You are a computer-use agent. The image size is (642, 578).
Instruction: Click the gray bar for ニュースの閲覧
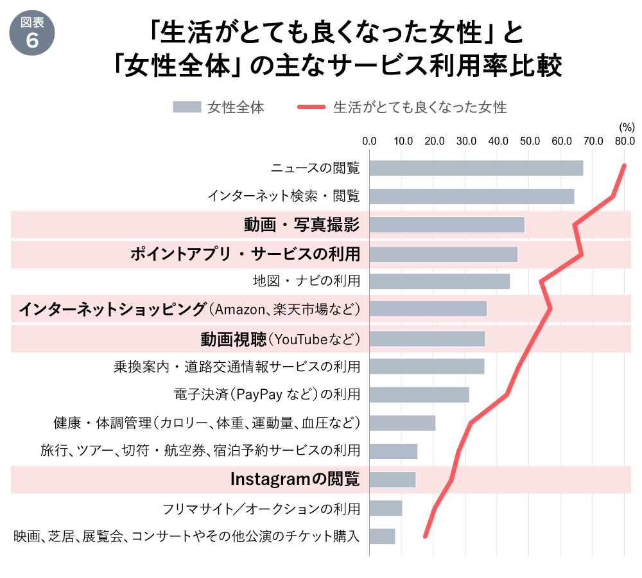coord(476,168)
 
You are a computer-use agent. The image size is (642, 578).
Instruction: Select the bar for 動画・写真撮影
coord(447,225)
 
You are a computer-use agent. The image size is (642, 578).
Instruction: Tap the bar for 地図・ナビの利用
coord(439,281)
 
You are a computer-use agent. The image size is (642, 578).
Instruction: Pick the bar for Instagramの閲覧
coord(392,480)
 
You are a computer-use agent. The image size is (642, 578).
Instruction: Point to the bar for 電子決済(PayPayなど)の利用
coord(419,394)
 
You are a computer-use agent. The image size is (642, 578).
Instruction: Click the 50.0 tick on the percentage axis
coord(529,141)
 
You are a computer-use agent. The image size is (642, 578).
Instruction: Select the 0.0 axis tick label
coord(370,141)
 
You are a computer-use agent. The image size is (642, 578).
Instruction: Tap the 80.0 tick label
coord(624,141)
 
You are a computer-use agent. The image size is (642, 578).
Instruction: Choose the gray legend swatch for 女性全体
coord(187,108)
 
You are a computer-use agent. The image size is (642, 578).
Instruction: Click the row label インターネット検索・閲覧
coord(283,196)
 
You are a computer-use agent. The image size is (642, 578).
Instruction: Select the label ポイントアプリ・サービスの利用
coord(245,254)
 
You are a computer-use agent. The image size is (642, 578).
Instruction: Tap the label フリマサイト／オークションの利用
coord(261,509)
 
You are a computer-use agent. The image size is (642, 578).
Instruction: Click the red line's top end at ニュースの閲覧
coord(624,166)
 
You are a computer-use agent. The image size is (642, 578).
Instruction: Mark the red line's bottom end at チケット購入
coord(425,536)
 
